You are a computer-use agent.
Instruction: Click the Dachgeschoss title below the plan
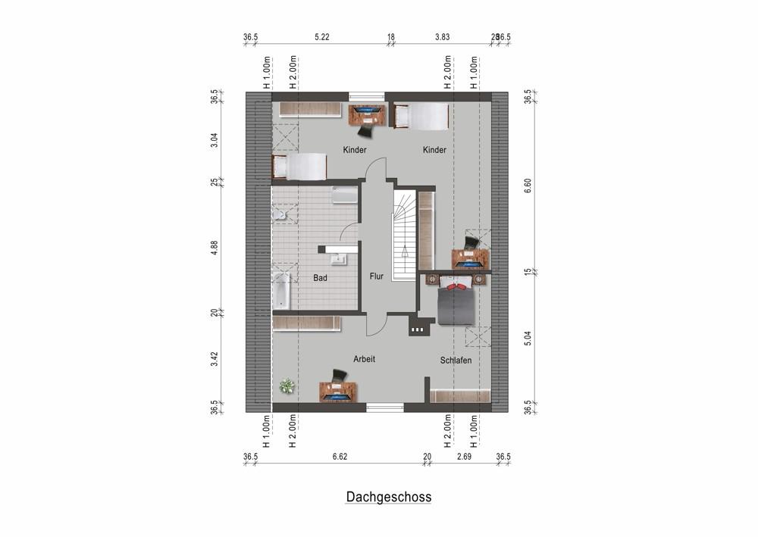[x=389, y=498]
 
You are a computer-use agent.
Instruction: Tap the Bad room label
[x=320, y=278]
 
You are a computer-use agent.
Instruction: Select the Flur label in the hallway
[x=377, y=276]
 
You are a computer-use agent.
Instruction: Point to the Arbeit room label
[x=364, y=359]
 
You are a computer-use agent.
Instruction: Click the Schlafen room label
[x=456, y=361]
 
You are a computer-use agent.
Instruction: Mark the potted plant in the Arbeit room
[x=286, y=386]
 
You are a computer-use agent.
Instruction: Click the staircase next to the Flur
[x=404, y=235]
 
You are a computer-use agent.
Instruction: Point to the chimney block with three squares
[x=418, y=329]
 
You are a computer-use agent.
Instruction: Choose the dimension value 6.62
[x=343, y=457]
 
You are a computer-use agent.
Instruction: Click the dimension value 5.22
[x=322, y=36]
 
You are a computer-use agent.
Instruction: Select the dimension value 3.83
[x=443, y=36]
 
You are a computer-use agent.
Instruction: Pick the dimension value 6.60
[x=529, y=182]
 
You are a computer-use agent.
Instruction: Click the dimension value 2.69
[x=464, y=457]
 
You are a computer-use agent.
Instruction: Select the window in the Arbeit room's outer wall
[x=385, y=407]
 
